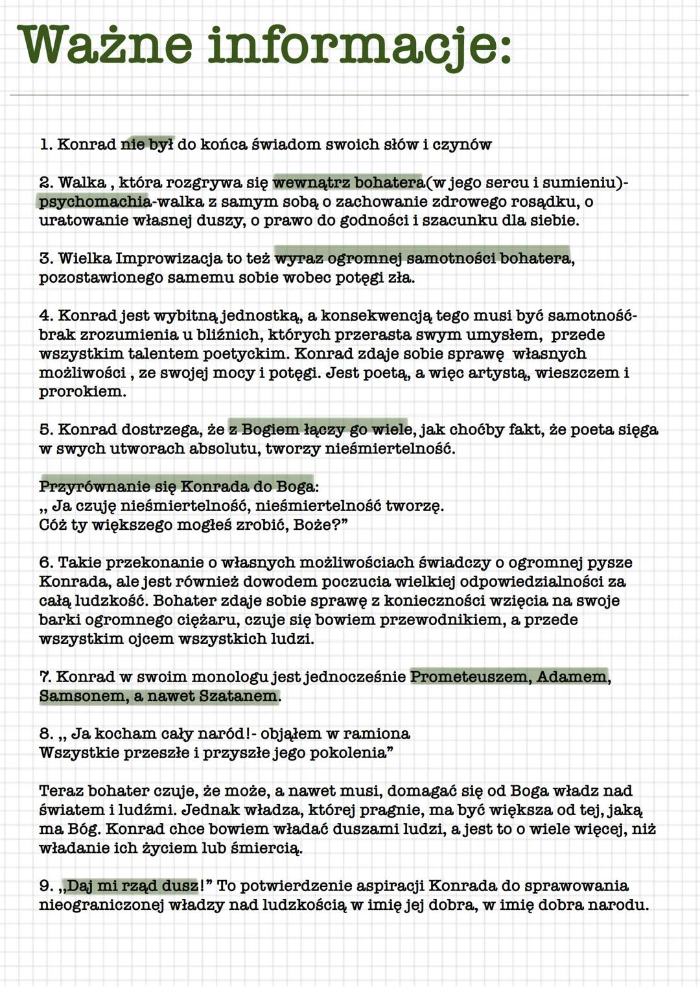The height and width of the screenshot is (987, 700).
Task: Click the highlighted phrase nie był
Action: (147, 145)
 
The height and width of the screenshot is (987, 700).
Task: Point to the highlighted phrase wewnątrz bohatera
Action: (348, 183)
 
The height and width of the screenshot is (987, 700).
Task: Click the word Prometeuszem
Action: (469, 677)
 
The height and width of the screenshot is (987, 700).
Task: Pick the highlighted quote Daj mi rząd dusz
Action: (132, 886)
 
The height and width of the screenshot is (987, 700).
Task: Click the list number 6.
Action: (45, 563)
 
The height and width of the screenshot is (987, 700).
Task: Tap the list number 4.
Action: (45, 316)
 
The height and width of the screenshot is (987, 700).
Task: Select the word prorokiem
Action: (81, 392)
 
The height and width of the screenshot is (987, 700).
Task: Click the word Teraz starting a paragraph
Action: (61, 791)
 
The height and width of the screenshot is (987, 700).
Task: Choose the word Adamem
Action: (572, 677)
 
